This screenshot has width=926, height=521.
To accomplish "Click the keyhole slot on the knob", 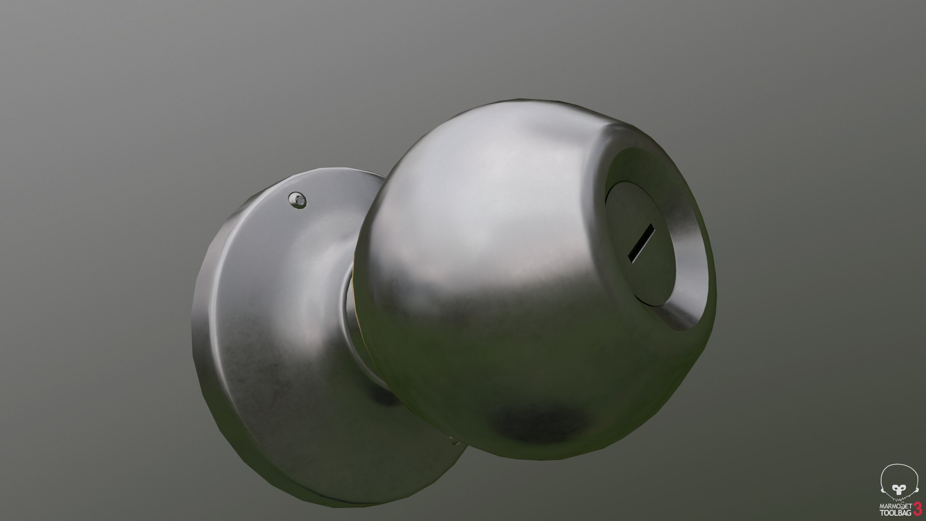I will coord(641,243).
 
